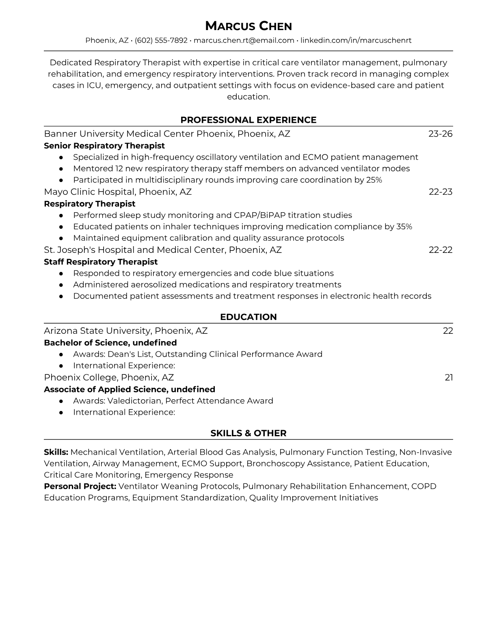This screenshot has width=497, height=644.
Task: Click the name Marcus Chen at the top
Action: pyautogui.click(x=248, y=26)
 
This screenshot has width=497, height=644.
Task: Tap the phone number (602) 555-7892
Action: pyautogui.click(x=161, y=40)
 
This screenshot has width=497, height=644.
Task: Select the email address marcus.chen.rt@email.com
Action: pyautogui.click(x=244, y=40)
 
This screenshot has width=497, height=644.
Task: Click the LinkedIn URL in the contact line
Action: pyautogui.click(x=356, y=40)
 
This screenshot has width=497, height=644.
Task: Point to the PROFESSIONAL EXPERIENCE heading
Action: pyautogui.click(x=248, y=120)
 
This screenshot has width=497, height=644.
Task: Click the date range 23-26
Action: pyautogui.click(x=440, y=134)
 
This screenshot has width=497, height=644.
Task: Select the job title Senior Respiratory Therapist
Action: pyautogui.click(x=104, y=146)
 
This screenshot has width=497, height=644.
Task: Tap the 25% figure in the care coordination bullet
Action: pyautogui.click(x=374, y=180)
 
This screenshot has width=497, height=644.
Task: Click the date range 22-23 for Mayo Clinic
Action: pyautogui.click(x=441, y=192)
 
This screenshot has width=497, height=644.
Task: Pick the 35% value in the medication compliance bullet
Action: pyautogui.click(x=404, y=226)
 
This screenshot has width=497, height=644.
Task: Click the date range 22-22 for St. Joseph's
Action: pyautogui.click(x=441, y=250)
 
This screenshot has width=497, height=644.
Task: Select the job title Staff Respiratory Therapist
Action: pyautogui.click(x=101, y=262)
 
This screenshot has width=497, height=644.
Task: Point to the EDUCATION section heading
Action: pyautogui.click(x=248, y=317)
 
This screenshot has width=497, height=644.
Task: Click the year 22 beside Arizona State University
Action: pyautogui.click(x=448, y=331)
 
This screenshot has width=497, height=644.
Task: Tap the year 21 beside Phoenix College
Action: pyautogui.click(x=449, y=378)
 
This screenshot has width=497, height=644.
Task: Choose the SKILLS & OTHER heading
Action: pyautogui.click(x=248, y=433)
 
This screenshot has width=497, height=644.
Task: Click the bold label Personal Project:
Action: pyautogui.click(x=80, y=486)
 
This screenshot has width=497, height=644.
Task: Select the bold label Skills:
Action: pyautogui.click(x=56, y=452)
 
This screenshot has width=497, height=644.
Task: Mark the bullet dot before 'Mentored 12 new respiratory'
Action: pyautogui.click(x=61, y=169)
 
